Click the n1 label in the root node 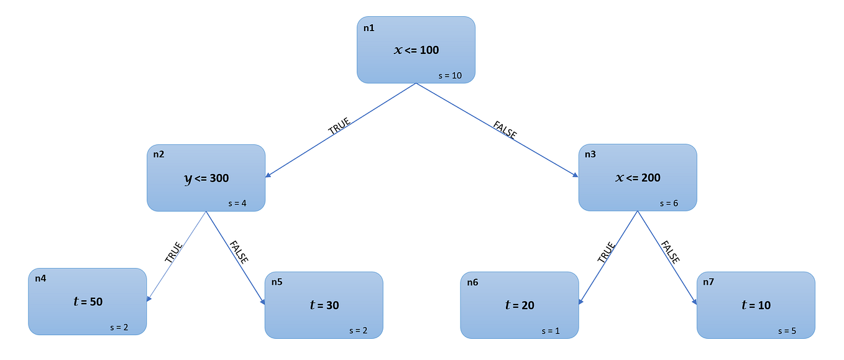click(x=369, y=28)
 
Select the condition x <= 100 click(x=416, y=50)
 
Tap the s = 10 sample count click(x=450, y=75)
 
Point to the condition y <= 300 click(x=206, y=178)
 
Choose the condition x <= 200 click(x=638, y=178)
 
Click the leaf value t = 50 click(x=88, y=302)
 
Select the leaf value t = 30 click(x=324, y=305)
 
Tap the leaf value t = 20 click(x=520, y=305)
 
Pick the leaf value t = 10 click(x=756, y=305)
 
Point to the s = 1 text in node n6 click(x=551, y=331)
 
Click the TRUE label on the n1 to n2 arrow click(x=339, y=126)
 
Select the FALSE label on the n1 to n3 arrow click(x=505, y=130)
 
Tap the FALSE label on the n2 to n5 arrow click(x=239, y=252)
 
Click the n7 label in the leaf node click(x=709, y=282)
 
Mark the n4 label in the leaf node click(x=40, y=279)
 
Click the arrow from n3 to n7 click(x=666, y=257)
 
